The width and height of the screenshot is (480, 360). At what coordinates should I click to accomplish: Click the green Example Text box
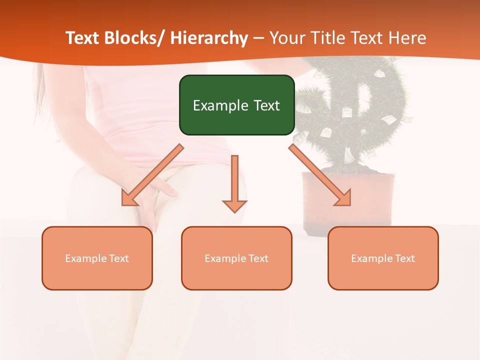236,105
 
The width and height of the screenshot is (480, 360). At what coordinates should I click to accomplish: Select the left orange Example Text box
97,258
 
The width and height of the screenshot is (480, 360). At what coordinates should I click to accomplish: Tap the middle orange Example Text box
236,258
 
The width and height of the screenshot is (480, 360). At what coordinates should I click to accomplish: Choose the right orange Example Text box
383,258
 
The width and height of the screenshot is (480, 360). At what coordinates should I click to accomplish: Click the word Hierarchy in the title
209,38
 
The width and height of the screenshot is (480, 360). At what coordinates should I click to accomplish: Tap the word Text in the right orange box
404,258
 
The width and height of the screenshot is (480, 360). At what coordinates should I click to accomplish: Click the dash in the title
258,38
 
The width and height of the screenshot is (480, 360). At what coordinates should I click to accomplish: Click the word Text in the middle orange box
257,258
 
